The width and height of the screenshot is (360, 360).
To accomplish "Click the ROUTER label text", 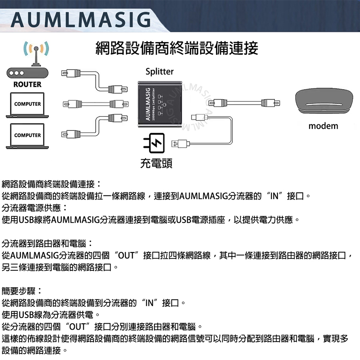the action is coord(27,84).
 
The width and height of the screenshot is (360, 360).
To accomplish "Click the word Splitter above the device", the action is coord(160,72).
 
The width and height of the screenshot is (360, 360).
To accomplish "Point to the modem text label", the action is coord(323,126).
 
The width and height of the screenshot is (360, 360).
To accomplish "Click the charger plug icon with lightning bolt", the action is coord(154,144).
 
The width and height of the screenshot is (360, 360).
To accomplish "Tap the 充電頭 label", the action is coord(156,163).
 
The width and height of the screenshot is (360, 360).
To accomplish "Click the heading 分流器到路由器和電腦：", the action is coord(47,243).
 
